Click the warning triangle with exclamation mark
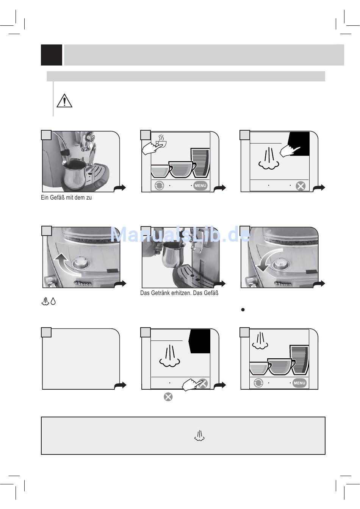coord(64,101)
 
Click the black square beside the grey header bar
coord(52,55)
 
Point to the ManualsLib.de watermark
coord(180,235)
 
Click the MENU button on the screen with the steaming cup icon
coord(200,186)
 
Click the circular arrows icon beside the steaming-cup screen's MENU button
coord(159,186)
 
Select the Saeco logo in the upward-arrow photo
coord(82,283)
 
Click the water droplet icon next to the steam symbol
coord(53,301)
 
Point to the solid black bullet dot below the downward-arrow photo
coord(243,310)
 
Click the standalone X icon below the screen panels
coord(168,397)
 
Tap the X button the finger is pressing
coord(203,384)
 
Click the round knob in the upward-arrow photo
coord(80,264)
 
